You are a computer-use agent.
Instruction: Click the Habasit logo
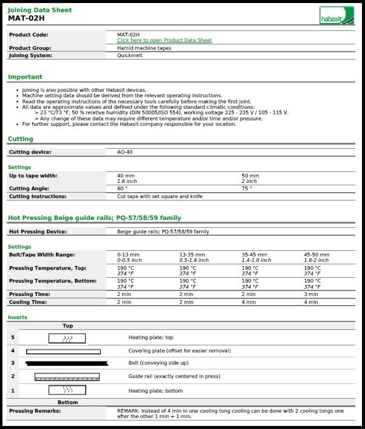point(336,16)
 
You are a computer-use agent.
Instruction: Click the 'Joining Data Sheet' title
point(39,10)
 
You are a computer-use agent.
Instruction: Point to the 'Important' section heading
point(25,77)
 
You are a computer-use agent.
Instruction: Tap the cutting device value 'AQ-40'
point(125,152)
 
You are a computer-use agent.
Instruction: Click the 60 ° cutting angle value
point(121,188)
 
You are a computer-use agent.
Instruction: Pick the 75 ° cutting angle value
point(246,188)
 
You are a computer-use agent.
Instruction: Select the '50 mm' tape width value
point(250,176)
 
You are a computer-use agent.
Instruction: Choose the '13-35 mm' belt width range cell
point(192,255)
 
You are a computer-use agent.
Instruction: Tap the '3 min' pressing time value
point(310,294)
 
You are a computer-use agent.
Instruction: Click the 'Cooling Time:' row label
point(28,301)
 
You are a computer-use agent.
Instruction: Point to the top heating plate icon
point(67,338)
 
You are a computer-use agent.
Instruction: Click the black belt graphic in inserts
point(67,363)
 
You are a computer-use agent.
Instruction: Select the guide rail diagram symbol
point(67,377)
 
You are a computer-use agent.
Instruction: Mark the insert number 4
point(12,351)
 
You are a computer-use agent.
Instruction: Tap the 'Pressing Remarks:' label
point(35,411)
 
